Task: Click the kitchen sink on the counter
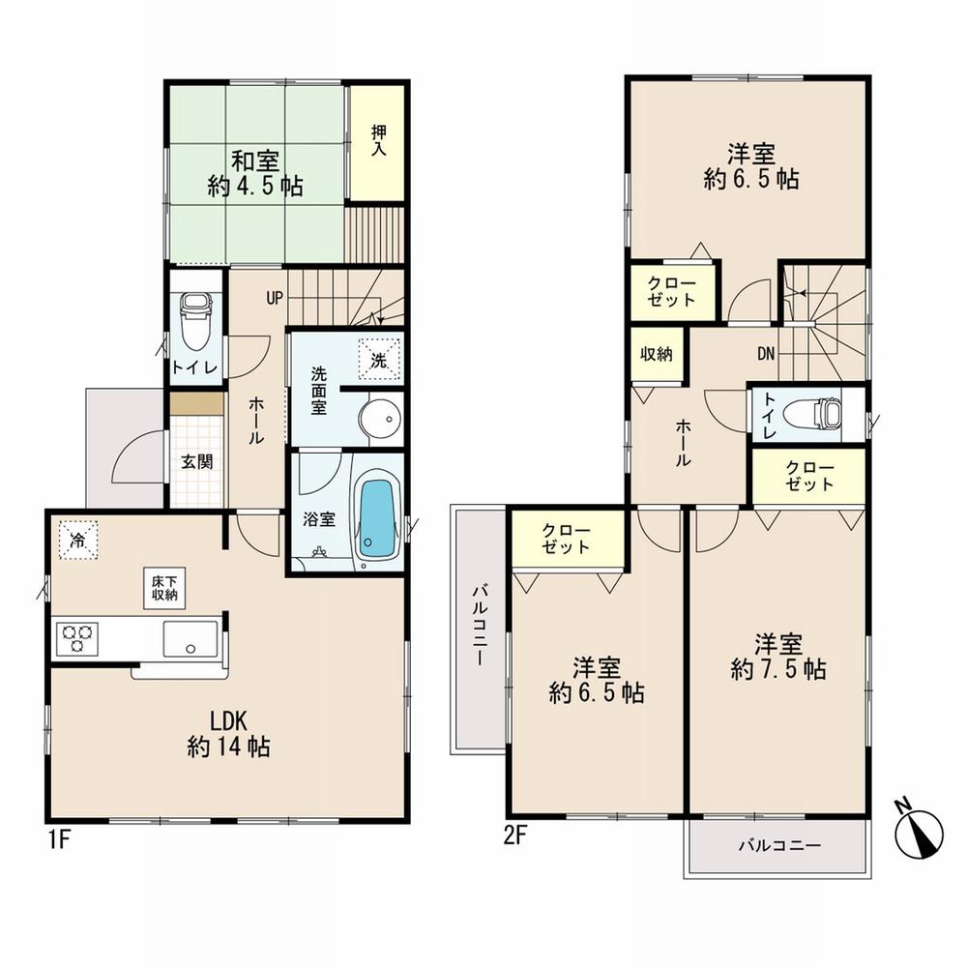[190, 638]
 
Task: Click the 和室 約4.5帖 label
[255, 173]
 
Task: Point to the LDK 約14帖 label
[229, 732]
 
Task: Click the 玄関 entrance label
[197, 461]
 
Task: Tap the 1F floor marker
[58, 837]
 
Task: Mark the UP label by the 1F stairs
[275, 298]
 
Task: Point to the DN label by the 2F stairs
[766, 354]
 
